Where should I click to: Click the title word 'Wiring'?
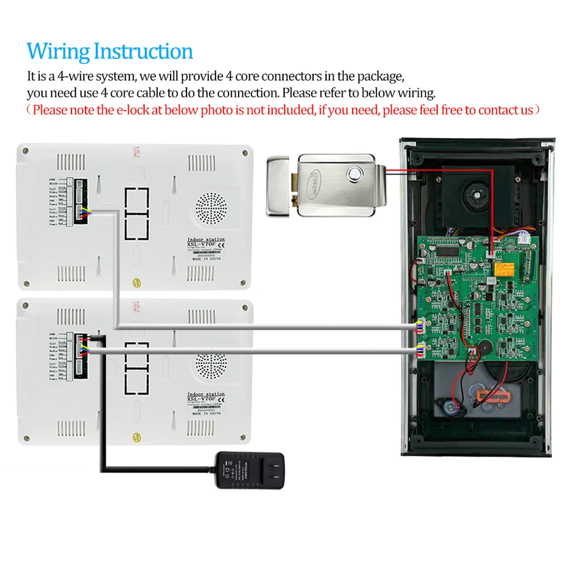click(x=58, y=51)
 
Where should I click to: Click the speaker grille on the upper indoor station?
click(x=211, y=208)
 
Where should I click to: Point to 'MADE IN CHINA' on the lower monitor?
click(x=206, y=415)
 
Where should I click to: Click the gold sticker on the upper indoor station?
click(x=138, y=278)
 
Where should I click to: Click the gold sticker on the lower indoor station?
click(x=138, y=437)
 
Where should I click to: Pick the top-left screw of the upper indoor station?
click(x=25, y=152)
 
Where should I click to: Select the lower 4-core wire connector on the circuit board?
click(x=420, y=349)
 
